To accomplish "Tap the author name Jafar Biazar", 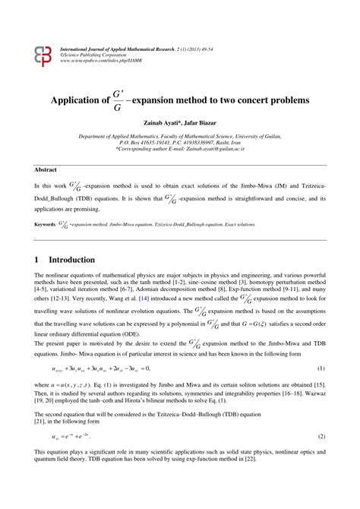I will point(205,122).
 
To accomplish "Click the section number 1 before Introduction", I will point(36,259).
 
